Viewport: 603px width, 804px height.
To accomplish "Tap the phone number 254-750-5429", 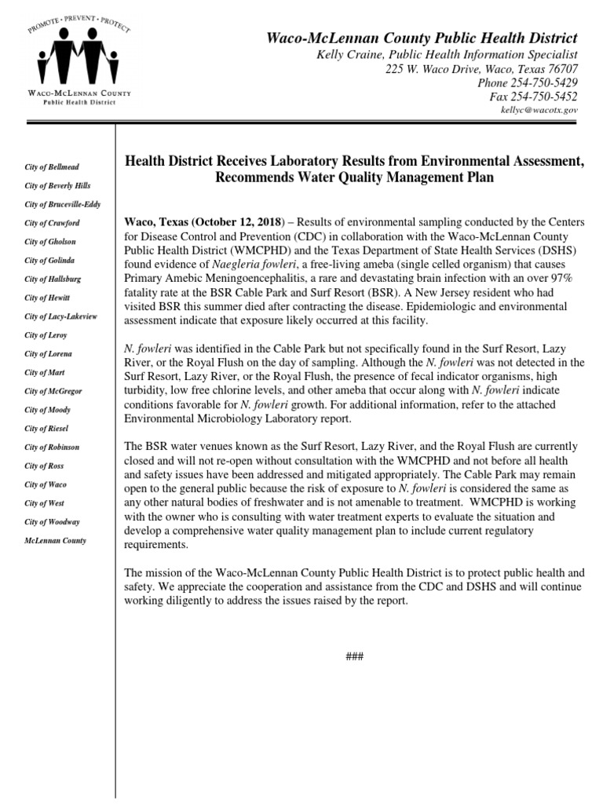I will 545,82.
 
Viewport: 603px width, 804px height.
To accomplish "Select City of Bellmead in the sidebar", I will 52,167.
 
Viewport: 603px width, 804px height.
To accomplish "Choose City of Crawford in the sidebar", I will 52,223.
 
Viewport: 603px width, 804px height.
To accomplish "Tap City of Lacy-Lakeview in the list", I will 61,316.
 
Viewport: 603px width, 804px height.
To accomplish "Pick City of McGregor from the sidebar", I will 53,390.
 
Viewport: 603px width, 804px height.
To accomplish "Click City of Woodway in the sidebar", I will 52,521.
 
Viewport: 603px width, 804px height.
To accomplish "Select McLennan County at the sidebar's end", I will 55,540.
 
